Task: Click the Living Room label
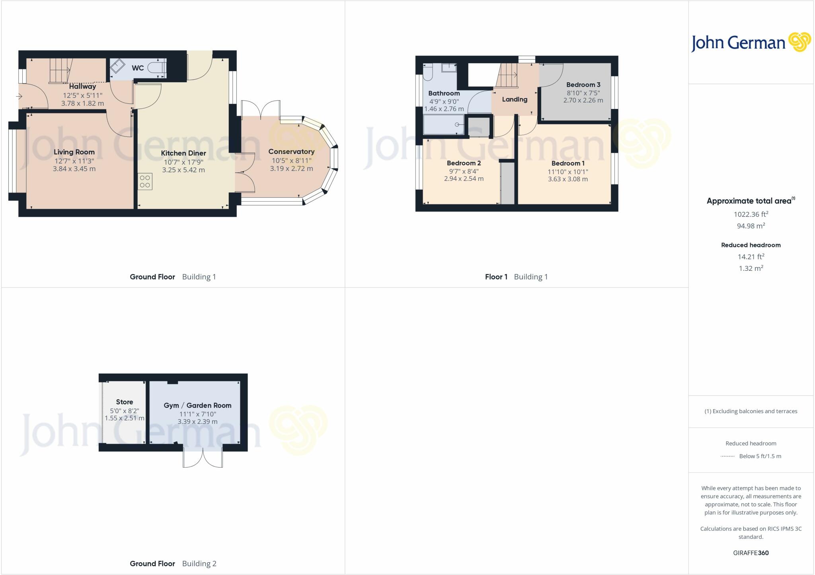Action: (x=74, y=152)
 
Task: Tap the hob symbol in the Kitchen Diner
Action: (x=145, y=181)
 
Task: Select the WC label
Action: (x=138, y=68)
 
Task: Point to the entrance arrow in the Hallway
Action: (x=19, y=96)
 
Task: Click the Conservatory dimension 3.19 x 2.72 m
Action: (x=291, y=169)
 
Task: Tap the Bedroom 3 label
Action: (x=583, y=85)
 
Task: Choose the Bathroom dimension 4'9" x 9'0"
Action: (x=444, y=101)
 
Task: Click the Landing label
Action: (x=515, y=99)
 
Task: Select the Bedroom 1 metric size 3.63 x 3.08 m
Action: (x=567, y=179)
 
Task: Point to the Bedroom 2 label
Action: (x=464, y=163)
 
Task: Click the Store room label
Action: (x=125, y=402)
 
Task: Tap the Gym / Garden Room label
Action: (x=197, y=406)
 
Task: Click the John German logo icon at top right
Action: (x=799, y=43)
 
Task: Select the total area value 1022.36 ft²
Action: (x=751, y=214)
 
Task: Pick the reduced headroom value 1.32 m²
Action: (x=751, y=268)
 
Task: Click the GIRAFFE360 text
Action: (x=751, y=553)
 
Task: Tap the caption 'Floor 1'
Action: (x=496, y=277)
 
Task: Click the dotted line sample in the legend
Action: (x=727, y=457)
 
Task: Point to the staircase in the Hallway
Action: (x=59, y=71)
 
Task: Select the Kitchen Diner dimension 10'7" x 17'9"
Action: (x=183, y=162)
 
